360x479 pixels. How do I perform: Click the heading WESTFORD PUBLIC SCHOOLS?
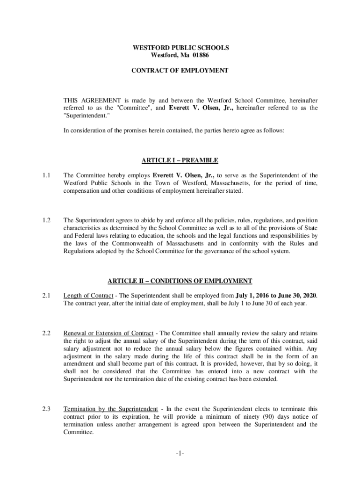point(180,48)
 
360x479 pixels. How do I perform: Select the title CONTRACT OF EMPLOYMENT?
point(180,71)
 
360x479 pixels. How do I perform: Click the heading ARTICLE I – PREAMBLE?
point(180,160)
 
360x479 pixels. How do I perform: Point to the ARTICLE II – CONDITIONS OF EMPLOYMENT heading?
point(180,281)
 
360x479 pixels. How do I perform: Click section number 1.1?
point(45,176)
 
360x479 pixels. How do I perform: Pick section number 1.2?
point(45,220)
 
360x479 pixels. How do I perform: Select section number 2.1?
point(45,296)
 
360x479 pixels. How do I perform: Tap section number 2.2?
point(45,333)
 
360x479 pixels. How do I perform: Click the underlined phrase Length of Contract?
point(88,296)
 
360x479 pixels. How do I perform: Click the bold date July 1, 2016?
point(254,296)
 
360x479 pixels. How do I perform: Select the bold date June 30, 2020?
point(295,296)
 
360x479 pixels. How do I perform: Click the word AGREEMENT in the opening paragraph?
point(100,101)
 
